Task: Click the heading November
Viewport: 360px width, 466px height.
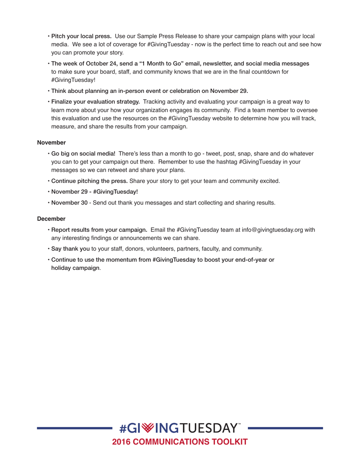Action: (x=51, y=143)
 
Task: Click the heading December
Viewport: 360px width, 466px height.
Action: (x=51, y=219)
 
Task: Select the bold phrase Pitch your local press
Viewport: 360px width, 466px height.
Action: (x=81, y=36)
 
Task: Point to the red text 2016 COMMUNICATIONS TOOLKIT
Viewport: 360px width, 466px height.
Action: (x=180, y=442)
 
